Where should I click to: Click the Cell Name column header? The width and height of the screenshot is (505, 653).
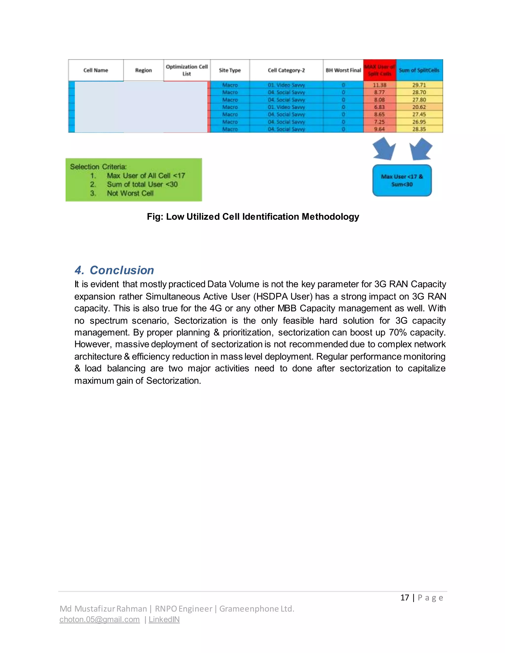(96, 70)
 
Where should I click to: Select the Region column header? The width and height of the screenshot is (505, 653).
(144, 70)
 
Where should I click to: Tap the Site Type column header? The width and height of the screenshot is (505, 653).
(230, 70)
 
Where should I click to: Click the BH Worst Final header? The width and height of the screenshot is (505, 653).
(343, 70)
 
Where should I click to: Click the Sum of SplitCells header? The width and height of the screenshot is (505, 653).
(419, 70)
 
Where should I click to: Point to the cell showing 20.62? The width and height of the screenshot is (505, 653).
(419, 107)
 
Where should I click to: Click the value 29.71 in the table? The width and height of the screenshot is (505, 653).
(419, 85)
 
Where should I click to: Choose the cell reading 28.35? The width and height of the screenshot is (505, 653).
(419, 129)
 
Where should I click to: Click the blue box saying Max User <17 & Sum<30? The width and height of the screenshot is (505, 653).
(402, 181)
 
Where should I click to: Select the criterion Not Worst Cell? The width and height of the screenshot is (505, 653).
(130, 193)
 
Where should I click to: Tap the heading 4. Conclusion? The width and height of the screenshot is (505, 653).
(114, 270)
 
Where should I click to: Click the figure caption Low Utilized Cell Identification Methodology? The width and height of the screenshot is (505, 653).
(253, 217)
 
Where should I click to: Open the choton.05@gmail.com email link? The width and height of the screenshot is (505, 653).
(100, 619)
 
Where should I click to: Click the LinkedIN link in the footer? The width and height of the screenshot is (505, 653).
(164, 619)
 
